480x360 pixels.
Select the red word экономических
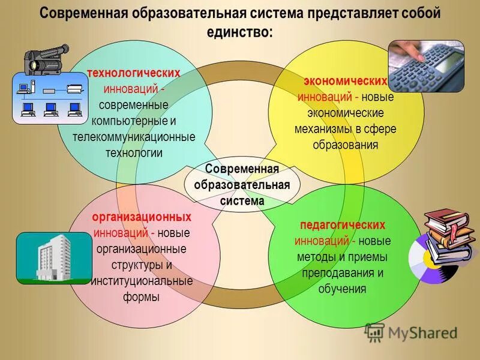pyautogui.click(x=345, y=81)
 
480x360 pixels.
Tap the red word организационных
pyautogui.click(x=142, y=217)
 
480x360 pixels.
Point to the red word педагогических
pyautogui.click(x=343, y=225)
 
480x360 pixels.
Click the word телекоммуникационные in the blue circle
pyautogui.click(x=134, y=137)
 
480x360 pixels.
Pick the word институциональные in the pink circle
pyautogui.click(x=142, y=281)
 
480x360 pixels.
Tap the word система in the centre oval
pyautogui.click(x=242, y=201)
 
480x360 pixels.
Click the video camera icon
pyautogui.click(x=46, y=57)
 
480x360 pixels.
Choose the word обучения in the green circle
pyautogui.click(x=343, y=289)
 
